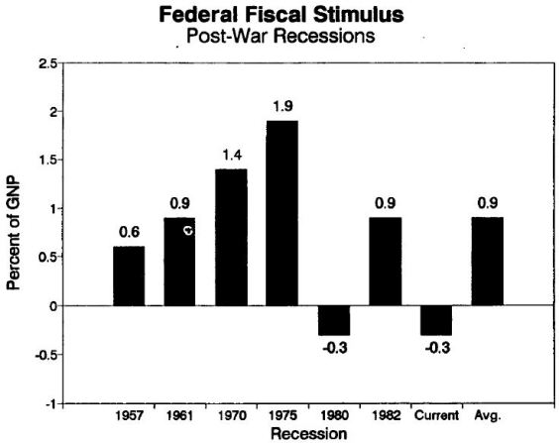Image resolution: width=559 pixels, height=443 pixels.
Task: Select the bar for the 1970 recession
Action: point(230,237)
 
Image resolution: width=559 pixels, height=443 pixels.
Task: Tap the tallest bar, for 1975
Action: point(281,213)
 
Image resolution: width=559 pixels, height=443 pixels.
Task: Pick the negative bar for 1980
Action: point(334,320)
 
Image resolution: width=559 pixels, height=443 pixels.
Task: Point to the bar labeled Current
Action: point(437,320)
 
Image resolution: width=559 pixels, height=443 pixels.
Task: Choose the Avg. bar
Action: point(489,261)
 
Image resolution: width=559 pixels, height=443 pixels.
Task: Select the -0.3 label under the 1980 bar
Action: point(334,347)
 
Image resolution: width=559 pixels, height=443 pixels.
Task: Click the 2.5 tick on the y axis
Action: point(48,63)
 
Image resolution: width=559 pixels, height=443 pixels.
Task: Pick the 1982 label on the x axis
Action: point(386,416)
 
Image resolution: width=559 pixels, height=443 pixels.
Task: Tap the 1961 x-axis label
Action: point(178,416)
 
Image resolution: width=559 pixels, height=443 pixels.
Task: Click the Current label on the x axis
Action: point(437,416)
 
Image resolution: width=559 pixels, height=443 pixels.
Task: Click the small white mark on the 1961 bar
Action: point(186,231)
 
